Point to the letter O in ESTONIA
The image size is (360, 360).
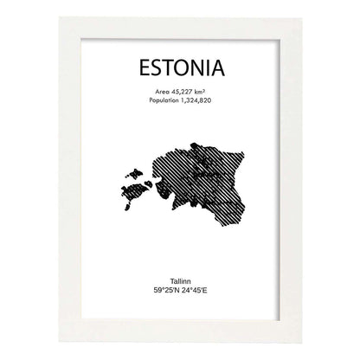click(183, 67)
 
